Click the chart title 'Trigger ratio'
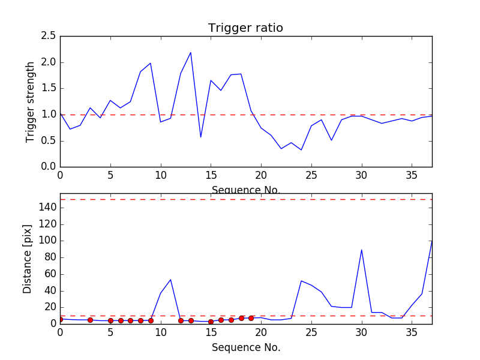[245, 28]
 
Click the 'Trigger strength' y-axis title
[31, 102]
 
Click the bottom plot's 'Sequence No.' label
[245, 347]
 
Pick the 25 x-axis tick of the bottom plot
[311, 331]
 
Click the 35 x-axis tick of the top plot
[412, 175]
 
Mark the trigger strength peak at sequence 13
[191, 52]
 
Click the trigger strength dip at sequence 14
[200, 137]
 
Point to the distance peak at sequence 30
[361, 250]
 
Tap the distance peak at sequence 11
[170, 280]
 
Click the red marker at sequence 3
[90, 320]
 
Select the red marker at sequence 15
[211, 322]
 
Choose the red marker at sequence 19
[251, 317]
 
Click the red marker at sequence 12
[181, 320]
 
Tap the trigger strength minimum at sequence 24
[301, 150]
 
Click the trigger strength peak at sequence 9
[151, 63]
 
